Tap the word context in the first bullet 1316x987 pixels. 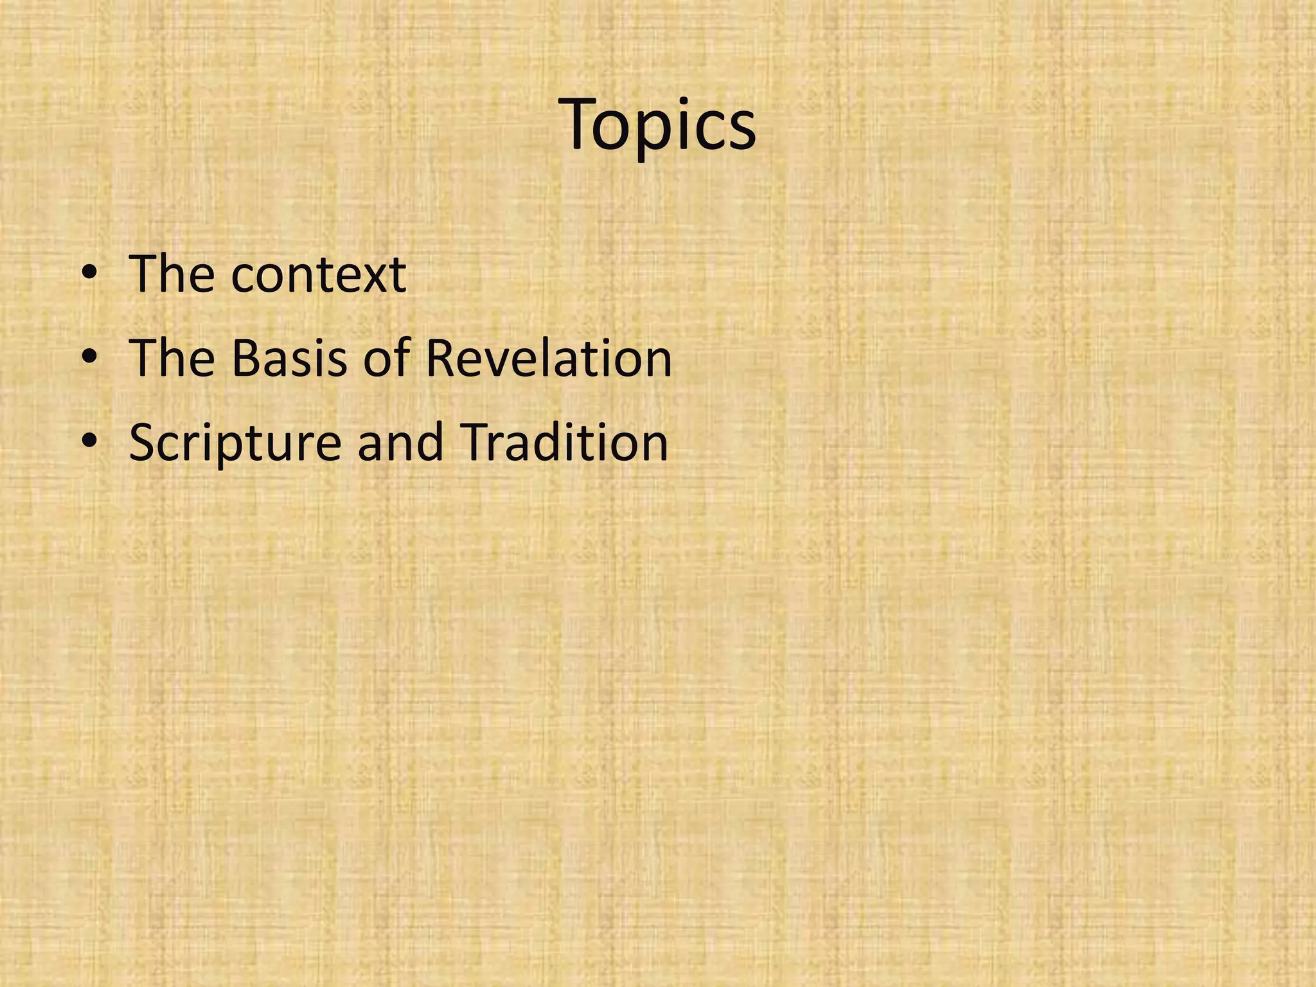coord(318,274)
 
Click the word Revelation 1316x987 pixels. coord(548,358)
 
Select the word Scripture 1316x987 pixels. coord(235,443)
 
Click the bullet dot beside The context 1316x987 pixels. coord(90,274)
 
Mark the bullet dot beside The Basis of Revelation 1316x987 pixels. coord(90,358)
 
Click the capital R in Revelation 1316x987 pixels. coord(441,358)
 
